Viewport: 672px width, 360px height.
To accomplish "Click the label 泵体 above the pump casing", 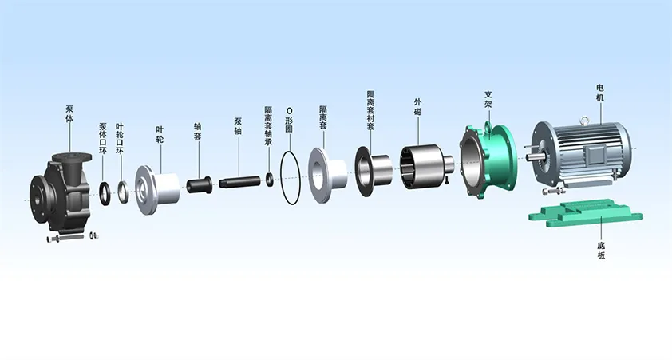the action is (x=69, y=113).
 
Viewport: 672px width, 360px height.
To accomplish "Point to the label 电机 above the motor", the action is (x=600, y=93).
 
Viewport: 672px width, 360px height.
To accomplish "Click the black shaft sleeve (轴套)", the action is (x=199, y=184).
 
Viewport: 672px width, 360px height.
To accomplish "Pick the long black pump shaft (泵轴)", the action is (x=239, y=182).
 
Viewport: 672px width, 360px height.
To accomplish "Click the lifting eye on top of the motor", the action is (x=583, y=121).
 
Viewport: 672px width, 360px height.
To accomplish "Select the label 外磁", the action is (x=418, y=107).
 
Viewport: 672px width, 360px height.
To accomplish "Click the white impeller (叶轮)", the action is (x=157, y=190).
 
